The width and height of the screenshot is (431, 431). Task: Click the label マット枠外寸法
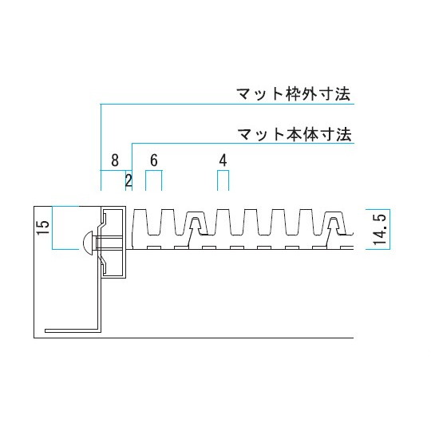[293, 94]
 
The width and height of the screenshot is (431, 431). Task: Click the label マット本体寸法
[294, 135]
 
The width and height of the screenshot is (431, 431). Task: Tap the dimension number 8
[115, 160]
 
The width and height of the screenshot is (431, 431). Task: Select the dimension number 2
[129, 180]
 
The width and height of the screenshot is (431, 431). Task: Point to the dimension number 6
[154, 160]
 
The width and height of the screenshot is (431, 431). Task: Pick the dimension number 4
[223, 160]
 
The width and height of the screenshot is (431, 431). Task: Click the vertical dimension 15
[43, 227]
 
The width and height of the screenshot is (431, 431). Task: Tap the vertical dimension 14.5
[380, 229]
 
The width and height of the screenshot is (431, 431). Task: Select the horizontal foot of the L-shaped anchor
[72, 330]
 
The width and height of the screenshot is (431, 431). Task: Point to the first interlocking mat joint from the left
[196, 225]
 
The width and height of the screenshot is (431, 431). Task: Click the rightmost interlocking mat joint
[334, 225]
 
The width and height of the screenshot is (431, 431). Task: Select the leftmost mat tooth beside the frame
[140, 223]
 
